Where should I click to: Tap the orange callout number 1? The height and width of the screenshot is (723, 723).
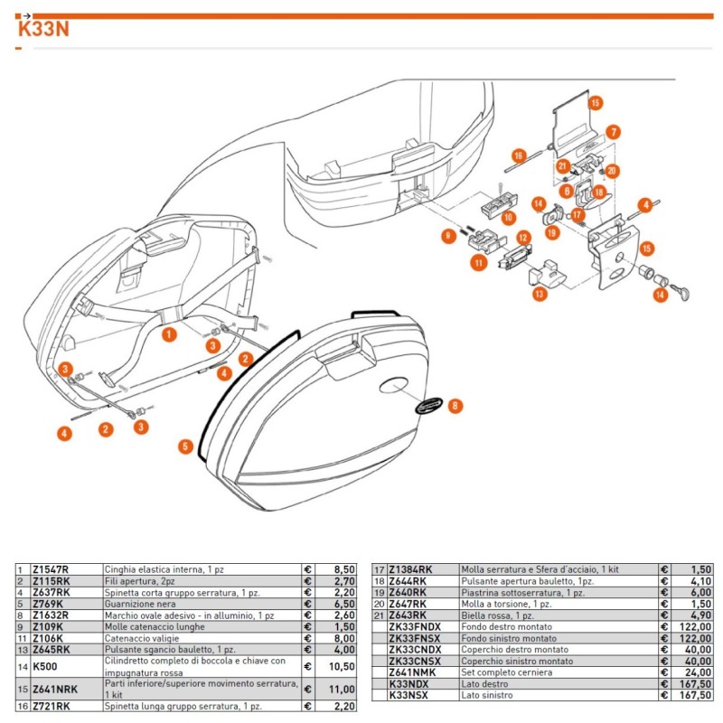[x=169, y=334]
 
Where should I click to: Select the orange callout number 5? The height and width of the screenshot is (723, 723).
[x=184, y=446]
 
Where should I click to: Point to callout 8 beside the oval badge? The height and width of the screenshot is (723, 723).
[x=455, y=406]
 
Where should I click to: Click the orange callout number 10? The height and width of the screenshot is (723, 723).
[x=509, y=218]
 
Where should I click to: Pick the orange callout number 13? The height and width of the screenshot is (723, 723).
[x=539, y=294]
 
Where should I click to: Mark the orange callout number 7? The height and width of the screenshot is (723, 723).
[x=612, y=132]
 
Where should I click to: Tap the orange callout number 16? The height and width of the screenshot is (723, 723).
[x=518, y=155]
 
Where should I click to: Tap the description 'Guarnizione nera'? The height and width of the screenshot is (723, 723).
[x=138, y=603]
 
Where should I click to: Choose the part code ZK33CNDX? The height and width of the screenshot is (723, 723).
[x=415, y=648]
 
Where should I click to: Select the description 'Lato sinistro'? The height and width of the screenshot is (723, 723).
[x=486, y=695]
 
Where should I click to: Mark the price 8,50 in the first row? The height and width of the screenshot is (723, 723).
[x=337, y=569]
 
